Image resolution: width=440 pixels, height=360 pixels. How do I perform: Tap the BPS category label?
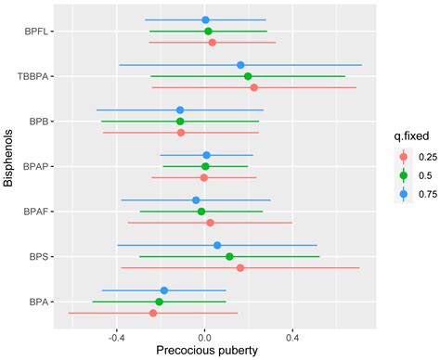coord(39,256)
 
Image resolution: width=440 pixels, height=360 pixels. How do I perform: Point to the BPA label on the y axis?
coord(39,302)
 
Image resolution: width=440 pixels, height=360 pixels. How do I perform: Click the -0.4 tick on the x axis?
coord(116,338)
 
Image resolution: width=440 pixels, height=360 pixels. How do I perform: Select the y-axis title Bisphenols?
coord(8,167)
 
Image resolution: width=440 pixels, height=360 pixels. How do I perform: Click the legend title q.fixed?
coord(407,136)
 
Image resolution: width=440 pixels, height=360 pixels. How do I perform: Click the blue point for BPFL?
coord(205,19)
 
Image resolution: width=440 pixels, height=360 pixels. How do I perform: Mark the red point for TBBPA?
coord(253,87)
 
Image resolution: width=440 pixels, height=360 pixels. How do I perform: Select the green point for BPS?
coord(229,256)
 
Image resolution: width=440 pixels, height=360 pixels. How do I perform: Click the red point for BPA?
coord(153,314)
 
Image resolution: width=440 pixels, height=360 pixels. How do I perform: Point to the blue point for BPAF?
coord(196,199)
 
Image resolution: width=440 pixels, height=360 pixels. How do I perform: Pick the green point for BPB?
coord(180,122)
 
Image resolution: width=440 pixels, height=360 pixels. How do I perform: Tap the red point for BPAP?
coord(204,177)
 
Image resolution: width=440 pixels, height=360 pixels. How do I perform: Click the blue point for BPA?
coord(164,290)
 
